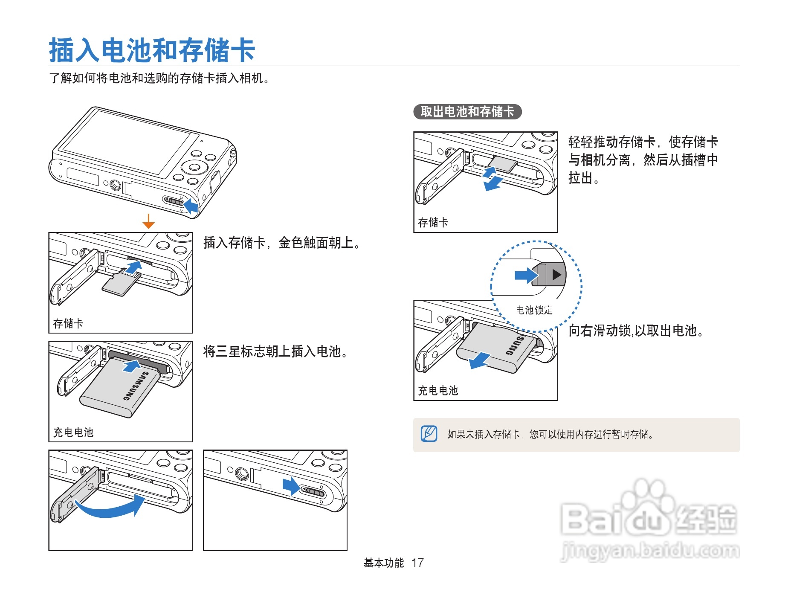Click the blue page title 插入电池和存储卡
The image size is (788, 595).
pos(152,50)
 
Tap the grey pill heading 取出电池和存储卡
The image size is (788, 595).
pos(467,112)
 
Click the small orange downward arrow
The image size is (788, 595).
pos(148,221)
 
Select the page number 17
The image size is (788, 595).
pos(417,563)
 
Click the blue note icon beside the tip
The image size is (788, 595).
pos(429,434)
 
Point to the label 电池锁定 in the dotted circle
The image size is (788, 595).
pos(534,310)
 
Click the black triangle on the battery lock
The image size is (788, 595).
pos(556,274)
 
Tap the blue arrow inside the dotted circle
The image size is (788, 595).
pos(526,275)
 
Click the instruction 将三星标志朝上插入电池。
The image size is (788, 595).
pos(276,351)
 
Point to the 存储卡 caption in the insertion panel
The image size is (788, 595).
pos(68,323)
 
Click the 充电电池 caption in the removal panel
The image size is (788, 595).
pos(437,390)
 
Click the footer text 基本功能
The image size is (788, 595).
pos(383,563)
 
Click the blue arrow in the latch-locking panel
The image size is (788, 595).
pos(291,486)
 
